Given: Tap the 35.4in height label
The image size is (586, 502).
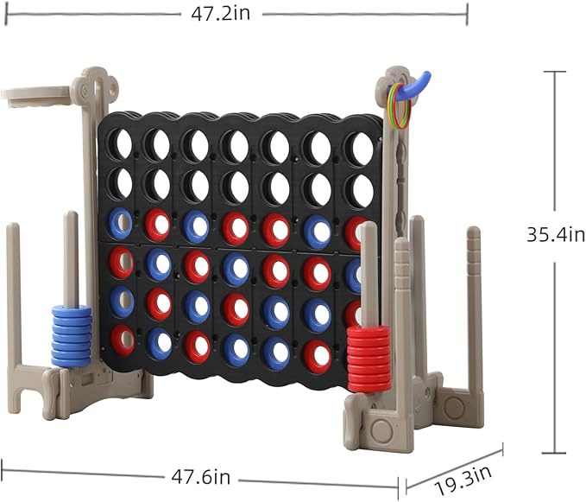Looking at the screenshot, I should coord(556,234).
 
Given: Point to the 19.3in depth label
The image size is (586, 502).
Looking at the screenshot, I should coord(463,473).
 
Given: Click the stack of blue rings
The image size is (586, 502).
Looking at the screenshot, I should coord(72,335).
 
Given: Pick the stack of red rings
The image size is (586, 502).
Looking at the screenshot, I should coord(369,358).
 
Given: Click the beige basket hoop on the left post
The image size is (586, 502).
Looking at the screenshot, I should coord(35,95).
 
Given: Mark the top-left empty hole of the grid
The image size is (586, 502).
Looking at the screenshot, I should coord(119,143).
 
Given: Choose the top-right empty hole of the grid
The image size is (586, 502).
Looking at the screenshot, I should coord(361,149).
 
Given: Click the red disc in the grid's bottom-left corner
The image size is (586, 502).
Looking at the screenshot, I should coord(123,340).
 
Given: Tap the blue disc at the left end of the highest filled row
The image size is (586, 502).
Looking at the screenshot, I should coord(119,223).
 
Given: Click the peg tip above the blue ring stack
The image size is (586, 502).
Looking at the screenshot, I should coord(71,216).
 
